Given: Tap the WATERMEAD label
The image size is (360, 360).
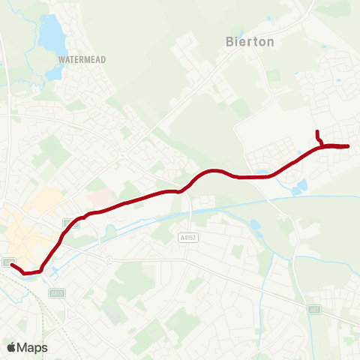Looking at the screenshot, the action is tap(82, 58).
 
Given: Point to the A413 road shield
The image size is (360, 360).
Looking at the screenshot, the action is tap(71, 222).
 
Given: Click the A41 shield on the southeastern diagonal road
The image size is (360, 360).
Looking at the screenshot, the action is tap(315, 309).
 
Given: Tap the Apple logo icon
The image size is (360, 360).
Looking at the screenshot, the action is tap(11, 347).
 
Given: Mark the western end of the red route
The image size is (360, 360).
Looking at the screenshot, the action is tap(13, 264).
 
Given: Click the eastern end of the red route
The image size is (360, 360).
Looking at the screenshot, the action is tap(348, 145).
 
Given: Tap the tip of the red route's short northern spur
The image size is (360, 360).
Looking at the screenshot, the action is tap(318, 132).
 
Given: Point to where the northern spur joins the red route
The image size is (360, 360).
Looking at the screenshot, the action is tap(322, 145).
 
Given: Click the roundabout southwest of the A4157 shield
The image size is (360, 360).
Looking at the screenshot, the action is tap(109, 260).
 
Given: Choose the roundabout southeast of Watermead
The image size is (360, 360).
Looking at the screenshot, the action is tap(121, 155).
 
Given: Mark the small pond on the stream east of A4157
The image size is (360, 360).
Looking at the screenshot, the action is tap(255, 224).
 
